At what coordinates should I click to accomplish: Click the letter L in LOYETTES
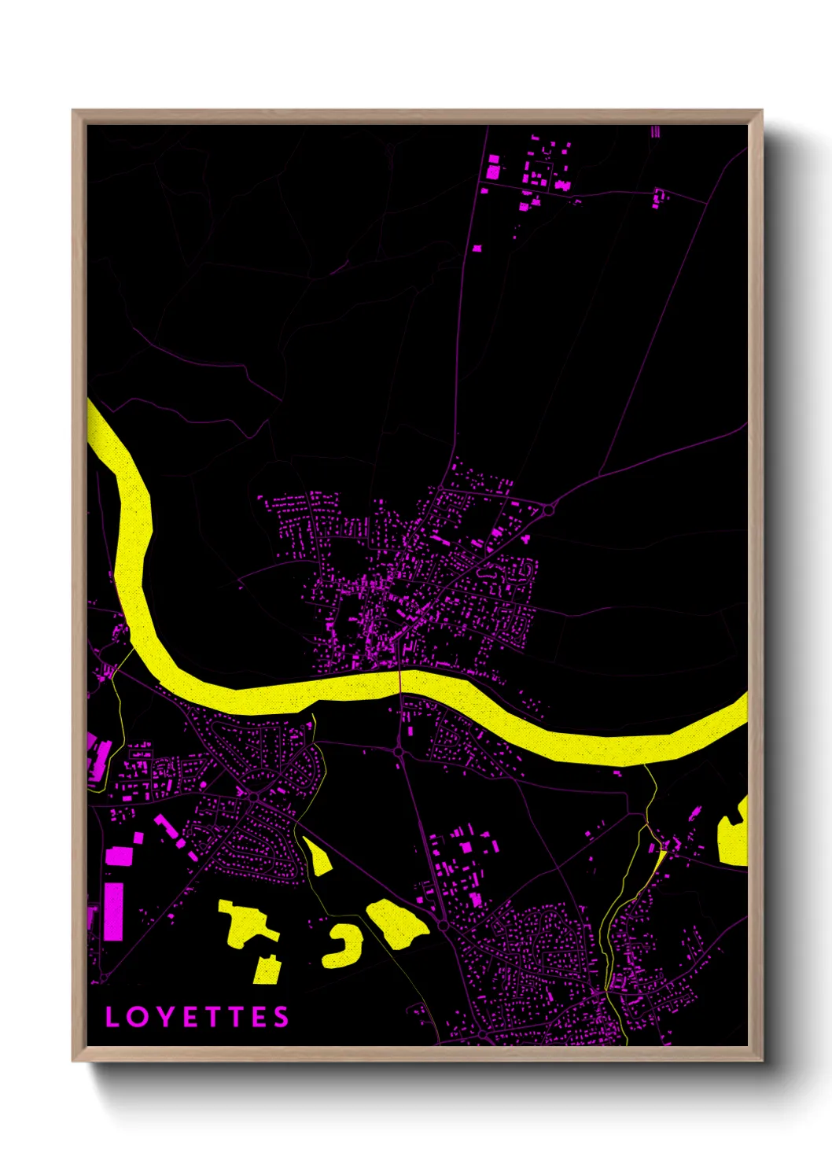pyautogui.click(x=112, y=1017)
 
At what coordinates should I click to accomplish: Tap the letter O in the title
pyautogui.click(x=138, y=1017)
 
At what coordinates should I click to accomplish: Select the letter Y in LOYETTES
pyautogui.click(x=165, y=1017)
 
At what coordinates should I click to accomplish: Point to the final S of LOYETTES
pyautogui.click(x=281, y=1017)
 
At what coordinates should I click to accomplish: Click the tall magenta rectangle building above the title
pyautogui.click(x=114, y=911)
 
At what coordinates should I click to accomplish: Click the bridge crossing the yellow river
pyautogui.click(x=399, y=681)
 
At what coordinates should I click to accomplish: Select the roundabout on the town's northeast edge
pyautogui.click(x=549, y=510)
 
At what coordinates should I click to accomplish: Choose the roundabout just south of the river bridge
pyautogui.click(x=399, y=752)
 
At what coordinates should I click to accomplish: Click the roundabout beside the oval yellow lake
pyautogui.click(x=443, y=926)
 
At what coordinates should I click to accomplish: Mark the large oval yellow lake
pyautogui.click(x=398, y=923)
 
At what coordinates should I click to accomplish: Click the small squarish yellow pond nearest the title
pyautogui.click(x=267, y=970)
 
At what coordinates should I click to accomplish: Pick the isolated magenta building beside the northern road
pyautogui.click(x=477, y=248)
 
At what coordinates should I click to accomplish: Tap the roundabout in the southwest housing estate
pyautogui.click(x=254, y=797)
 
